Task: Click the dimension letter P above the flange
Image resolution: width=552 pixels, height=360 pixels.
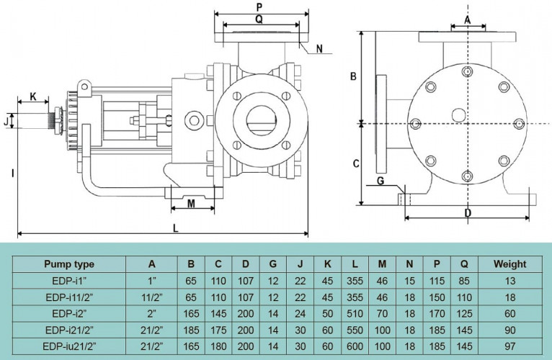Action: point(259,6)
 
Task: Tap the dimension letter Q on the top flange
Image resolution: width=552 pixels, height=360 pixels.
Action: point(259,19)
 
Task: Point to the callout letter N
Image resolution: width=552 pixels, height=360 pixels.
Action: point(319,50)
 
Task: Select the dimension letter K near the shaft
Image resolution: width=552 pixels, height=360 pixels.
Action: point(33,96)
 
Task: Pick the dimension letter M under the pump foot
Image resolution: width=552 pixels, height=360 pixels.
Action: point(192,204)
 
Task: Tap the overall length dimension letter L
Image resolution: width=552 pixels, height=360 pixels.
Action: point(176,228)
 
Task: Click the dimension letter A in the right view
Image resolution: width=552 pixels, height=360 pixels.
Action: point(467,20)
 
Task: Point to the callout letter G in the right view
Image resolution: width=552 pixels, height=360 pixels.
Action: point(380,181)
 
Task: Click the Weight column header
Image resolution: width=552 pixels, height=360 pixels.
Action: point(509,264)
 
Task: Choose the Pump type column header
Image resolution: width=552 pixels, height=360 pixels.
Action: point(69,264)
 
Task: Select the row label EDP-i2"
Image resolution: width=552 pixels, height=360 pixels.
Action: point(69,313)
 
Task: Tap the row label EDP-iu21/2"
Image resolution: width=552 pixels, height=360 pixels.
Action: point(69,346)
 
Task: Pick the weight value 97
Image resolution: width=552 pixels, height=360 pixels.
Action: point(509,346)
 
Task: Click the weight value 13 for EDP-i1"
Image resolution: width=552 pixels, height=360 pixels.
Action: point(509,281)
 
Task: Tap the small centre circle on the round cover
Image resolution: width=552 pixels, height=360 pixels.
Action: point(458,115)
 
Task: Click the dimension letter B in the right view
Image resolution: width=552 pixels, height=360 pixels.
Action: point(354,76)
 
